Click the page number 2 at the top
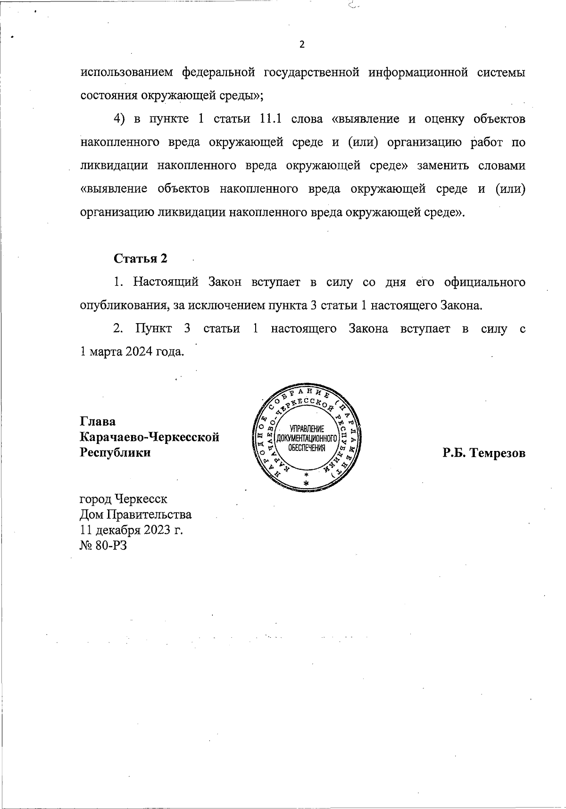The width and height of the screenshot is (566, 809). pyautogui.click(x=302, y=45)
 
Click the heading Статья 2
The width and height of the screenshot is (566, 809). pyautogui.click(x=141, y=259)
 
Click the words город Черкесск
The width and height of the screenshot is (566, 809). pyautogui.click(x=124, y=499)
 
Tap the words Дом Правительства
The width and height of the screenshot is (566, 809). pyautogui.click(x=136, y=515)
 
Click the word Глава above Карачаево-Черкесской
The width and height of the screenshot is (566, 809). pyautogui.click(x=98, y=421)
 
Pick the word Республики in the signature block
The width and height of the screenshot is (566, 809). pyautogui.click(x=116, y=453)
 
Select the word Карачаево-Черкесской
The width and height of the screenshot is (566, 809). pyautogui.click(x=150, y=437)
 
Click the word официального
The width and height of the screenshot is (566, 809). pyautogui.click(x=484, y=282)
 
